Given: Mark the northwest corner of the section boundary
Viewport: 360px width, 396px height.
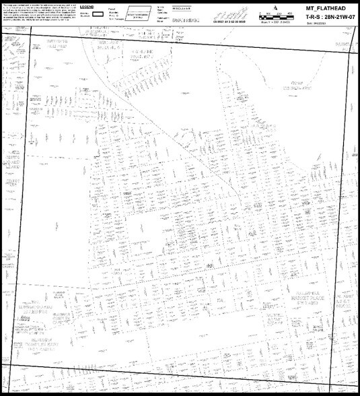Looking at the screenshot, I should [25, 42].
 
